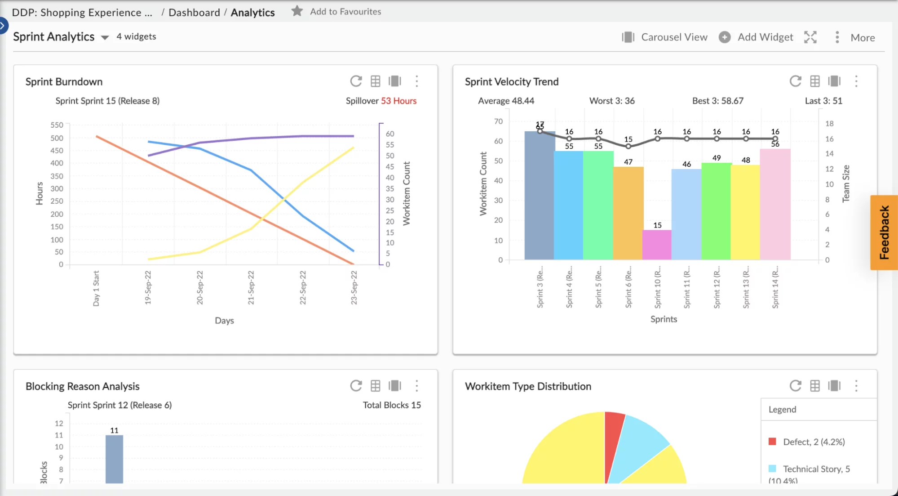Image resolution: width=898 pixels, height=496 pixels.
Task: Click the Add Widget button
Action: [756, 37]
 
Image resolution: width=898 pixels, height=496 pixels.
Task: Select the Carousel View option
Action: [665, 37]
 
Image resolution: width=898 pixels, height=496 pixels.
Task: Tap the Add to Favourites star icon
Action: [297, 11]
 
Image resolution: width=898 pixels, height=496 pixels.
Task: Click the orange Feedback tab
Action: [884, 232]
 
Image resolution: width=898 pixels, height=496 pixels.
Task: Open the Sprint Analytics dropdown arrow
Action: [105, 38]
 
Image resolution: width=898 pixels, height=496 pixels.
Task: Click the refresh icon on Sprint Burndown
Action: [356, 81]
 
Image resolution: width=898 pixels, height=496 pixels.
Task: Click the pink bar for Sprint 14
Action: [775, 205]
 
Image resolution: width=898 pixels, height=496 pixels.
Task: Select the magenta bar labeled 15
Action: [657, 245]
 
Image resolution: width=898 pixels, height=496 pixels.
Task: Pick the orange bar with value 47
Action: [628, 213]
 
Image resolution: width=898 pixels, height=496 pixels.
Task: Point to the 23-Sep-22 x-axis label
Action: [354, 288]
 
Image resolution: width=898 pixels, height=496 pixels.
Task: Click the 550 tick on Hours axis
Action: [57, 125]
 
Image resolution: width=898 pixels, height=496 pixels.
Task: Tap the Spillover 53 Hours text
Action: [381, 101]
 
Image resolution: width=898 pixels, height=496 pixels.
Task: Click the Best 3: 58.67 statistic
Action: [717, 101]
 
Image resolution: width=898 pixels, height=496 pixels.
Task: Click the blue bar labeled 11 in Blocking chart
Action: [114, 459]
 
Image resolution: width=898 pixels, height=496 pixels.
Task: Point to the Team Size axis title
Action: [846, 183]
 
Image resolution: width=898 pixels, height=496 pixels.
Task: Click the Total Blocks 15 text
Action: [392, 405]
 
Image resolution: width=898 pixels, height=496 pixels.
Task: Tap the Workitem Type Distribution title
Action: [528, 386]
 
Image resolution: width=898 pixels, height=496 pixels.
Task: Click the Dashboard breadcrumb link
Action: [194, 13]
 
